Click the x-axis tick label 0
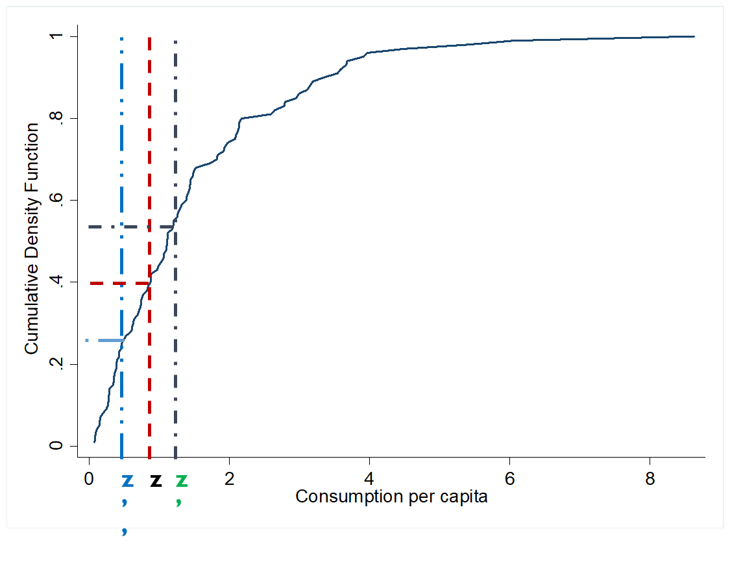[x=89, y=478]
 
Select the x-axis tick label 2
[x=229, y=478]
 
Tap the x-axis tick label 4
[x=369, y=478]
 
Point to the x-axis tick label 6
[x=509, y=478]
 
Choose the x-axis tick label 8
[x=650, y=478]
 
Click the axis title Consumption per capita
[x=391, y=497]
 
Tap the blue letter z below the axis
[x=127, y=481]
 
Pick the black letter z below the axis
[x=156, y=481]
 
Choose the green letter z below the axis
[x=182, y=481]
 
